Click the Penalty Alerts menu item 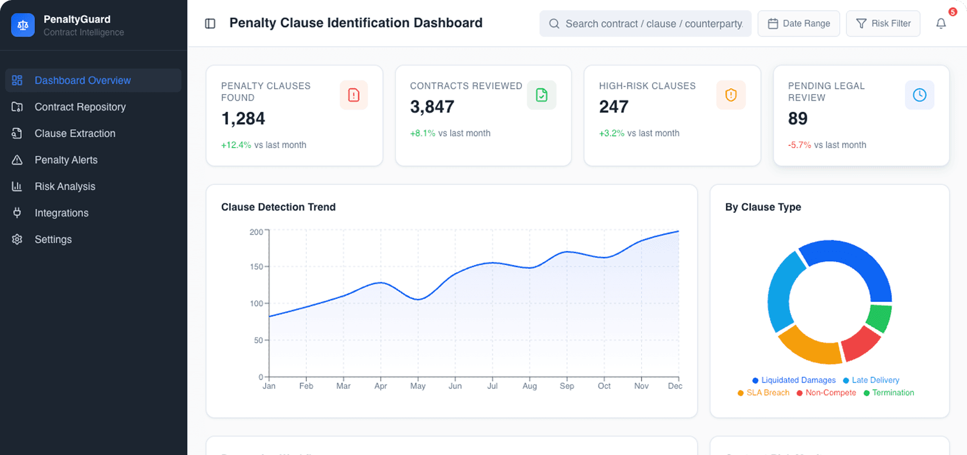[66, 160]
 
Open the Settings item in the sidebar [53, 239]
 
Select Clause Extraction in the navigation [75, 133]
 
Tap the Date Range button [799, 23]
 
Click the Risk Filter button [883, 23]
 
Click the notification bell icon [941, 23]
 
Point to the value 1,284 [243, 119]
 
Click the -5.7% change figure [799, 145]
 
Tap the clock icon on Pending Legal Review [919, 95]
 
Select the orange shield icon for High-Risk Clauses [730, 95]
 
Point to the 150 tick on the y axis [257, 266]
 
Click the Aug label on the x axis [529, 386]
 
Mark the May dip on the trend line [418, 299]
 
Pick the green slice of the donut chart [880, 317]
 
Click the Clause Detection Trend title [278, 207]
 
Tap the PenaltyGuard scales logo [23, 25]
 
